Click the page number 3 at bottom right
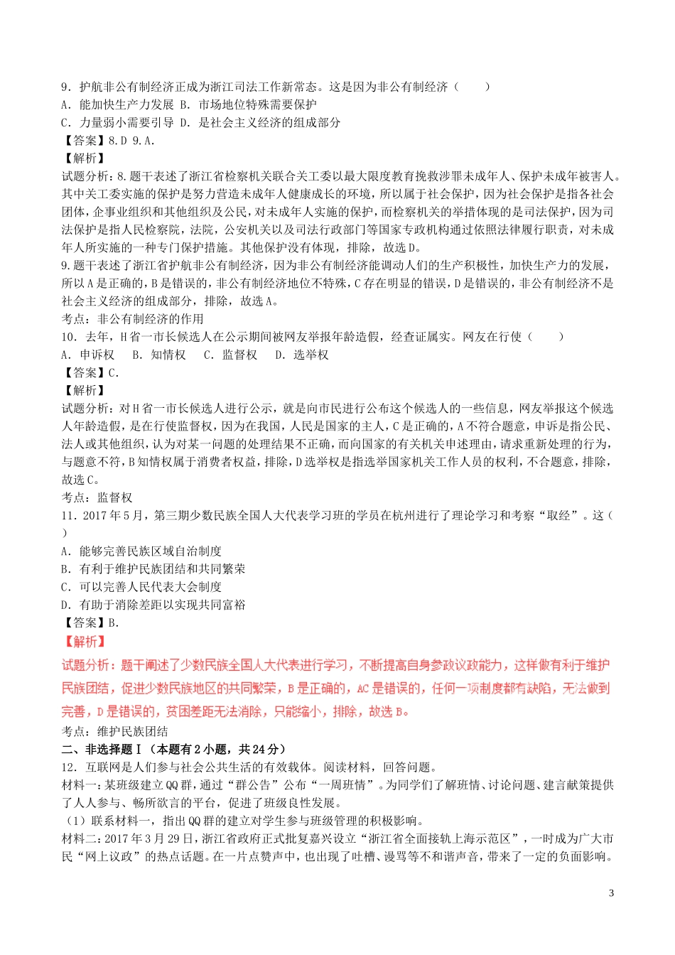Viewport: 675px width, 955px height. (611, 893)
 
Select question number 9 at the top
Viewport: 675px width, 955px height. (66, 87)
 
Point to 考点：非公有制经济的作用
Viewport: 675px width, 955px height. (133, 319)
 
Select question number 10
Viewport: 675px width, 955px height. (69, 337)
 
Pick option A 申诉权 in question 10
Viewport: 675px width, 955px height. (88, 355)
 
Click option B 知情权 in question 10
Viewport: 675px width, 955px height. (159, 355)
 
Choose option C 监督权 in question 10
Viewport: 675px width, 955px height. (230, 355)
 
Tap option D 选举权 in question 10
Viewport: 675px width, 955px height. (302, 355)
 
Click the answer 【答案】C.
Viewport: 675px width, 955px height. (91, 372)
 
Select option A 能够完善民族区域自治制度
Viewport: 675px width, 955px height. (141, 551)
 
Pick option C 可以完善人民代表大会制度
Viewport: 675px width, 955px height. (141, 586)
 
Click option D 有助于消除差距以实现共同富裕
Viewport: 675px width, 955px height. (153, 605)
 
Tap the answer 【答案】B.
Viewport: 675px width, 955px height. (91, 622)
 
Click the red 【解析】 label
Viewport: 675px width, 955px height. (85, 642)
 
